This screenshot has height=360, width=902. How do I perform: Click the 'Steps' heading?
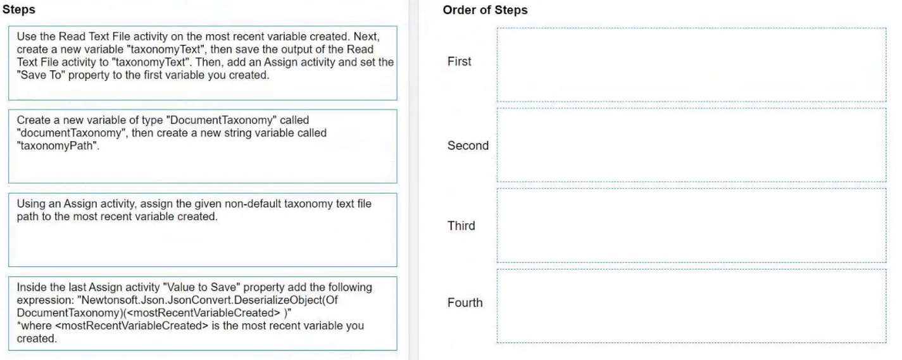tap(19, 9)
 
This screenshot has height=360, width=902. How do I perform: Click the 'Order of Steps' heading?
tap(485, 10)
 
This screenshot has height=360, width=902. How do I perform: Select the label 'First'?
tap(459, 61)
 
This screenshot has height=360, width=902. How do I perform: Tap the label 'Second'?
tap(468, 146)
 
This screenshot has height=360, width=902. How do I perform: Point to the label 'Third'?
tap(461, 225)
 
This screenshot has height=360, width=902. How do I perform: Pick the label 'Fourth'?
tap(465, 302)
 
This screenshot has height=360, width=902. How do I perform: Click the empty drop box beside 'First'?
tap(691, 65)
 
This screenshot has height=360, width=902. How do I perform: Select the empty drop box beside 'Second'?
tap(691, 145)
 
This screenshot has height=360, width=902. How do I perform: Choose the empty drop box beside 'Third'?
tap(691, 225)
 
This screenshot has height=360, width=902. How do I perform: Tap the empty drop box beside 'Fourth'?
tap(691, 306)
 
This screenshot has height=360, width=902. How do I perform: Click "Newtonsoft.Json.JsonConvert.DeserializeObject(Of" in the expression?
tap(210, 300)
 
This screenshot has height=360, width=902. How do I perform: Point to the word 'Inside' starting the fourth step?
tap(34, 287)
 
